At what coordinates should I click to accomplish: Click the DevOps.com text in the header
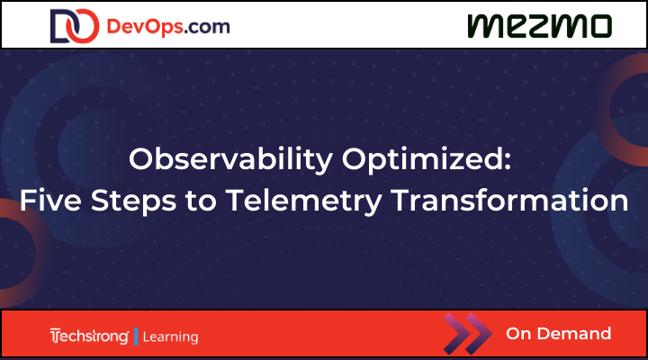point(167,26)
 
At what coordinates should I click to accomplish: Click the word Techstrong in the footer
point(90,337)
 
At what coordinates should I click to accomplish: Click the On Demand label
point(558,334)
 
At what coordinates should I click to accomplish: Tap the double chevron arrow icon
point(468,334)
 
